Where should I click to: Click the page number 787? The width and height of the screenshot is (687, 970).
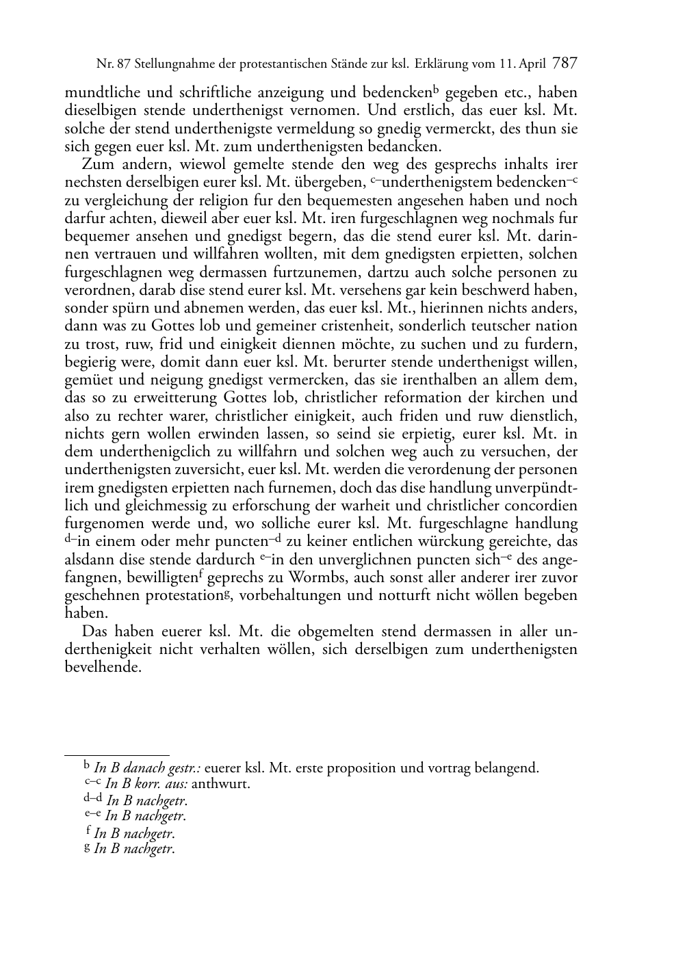[x=565, y=64]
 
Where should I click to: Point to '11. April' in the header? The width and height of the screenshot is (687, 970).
[x=522, y=64]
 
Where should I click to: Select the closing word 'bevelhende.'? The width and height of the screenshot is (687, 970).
[x=103, y=666]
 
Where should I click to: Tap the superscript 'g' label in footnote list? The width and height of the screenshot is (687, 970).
[x=87, y=847]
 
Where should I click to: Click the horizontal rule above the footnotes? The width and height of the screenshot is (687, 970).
[x=116, y=755]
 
